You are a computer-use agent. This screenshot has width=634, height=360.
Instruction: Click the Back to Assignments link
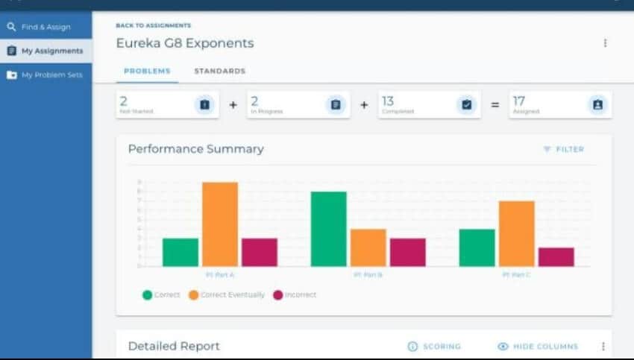pos(153,25)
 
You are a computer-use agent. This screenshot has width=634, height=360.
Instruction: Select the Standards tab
pos(219,71)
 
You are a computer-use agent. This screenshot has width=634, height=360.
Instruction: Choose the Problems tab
pos(147,71)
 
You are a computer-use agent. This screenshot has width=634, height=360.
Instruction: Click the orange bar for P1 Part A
pos(220,224)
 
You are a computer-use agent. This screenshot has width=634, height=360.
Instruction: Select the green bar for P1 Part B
pos(329,229)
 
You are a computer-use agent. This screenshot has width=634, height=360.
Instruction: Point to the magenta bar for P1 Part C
pos(556,256)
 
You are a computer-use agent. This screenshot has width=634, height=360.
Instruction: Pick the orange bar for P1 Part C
pos(517,233)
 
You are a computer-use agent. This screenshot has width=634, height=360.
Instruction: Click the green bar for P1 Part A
pos(181,252)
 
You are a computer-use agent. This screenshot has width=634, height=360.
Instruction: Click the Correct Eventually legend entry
pos(226,294)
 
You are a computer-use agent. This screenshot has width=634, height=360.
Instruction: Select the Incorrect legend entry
pos(295,294)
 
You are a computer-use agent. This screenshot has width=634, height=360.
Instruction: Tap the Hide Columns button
pos(538,346)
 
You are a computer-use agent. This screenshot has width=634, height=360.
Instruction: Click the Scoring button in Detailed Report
pos(434,346)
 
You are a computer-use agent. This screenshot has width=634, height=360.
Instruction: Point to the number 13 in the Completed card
pos(388,101)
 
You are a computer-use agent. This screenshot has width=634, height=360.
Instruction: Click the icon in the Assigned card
pos(597,105)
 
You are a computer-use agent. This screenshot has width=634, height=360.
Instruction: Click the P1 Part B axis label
pos(368,275)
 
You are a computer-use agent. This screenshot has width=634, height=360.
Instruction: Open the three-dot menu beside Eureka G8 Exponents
pos(605,43)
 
